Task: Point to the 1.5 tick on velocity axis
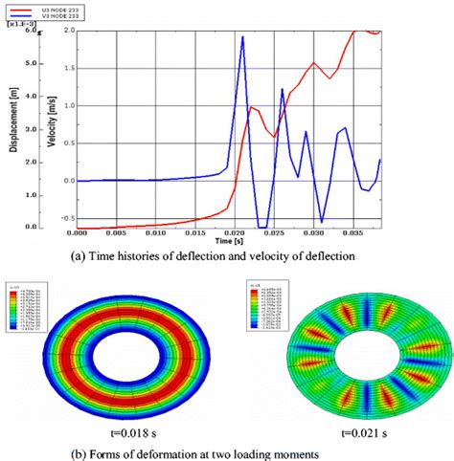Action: (x=67, y=68)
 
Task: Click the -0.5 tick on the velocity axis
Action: (x=65, y=217)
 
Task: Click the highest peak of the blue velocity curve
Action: (x=243, y=37)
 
